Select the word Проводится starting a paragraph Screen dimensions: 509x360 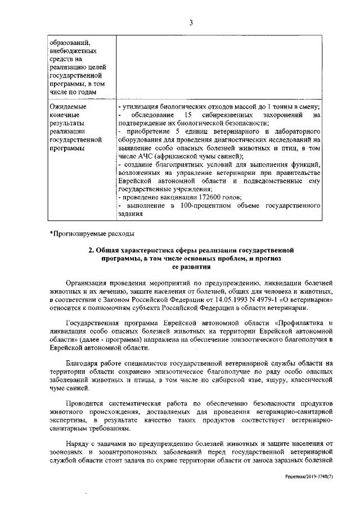pyautogui.click(x=84, y=404)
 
